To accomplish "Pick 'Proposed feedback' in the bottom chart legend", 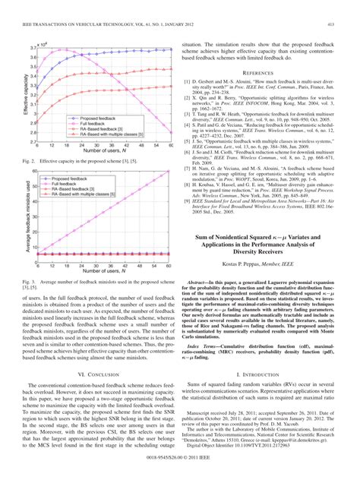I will click(80, 175).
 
